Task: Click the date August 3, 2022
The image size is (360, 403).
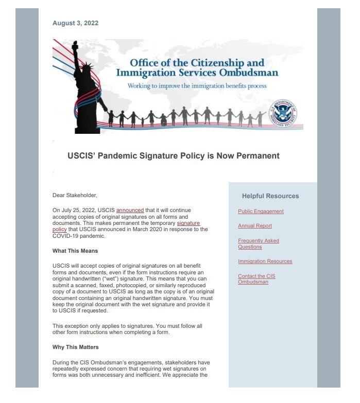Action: (x=75, y=23)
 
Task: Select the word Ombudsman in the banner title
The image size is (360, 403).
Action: (x=249, y=73)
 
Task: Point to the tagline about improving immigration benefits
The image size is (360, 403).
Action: (x=197, y=85)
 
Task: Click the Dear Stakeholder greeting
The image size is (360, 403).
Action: (x=75, y=195)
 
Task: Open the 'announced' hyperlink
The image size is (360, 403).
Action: (x=130, y=211)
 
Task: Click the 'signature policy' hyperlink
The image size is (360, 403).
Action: (x=188, y=223)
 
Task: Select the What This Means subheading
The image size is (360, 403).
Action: (x=75, y=251)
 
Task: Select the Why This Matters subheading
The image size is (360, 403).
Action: (x=75, y=347)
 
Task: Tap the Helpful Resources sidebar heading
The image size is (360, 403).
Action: (x=270, y=196)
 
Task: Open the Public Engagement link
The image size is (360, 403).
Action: (x=261, y=212)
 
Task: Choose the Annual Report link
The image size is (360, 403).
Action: (x=255, y=226)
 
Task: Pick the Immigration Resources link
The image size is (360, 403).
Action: (x=265, y=261)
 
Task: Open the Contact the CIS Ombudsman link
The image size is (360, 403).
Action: (x=256, y=279)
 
